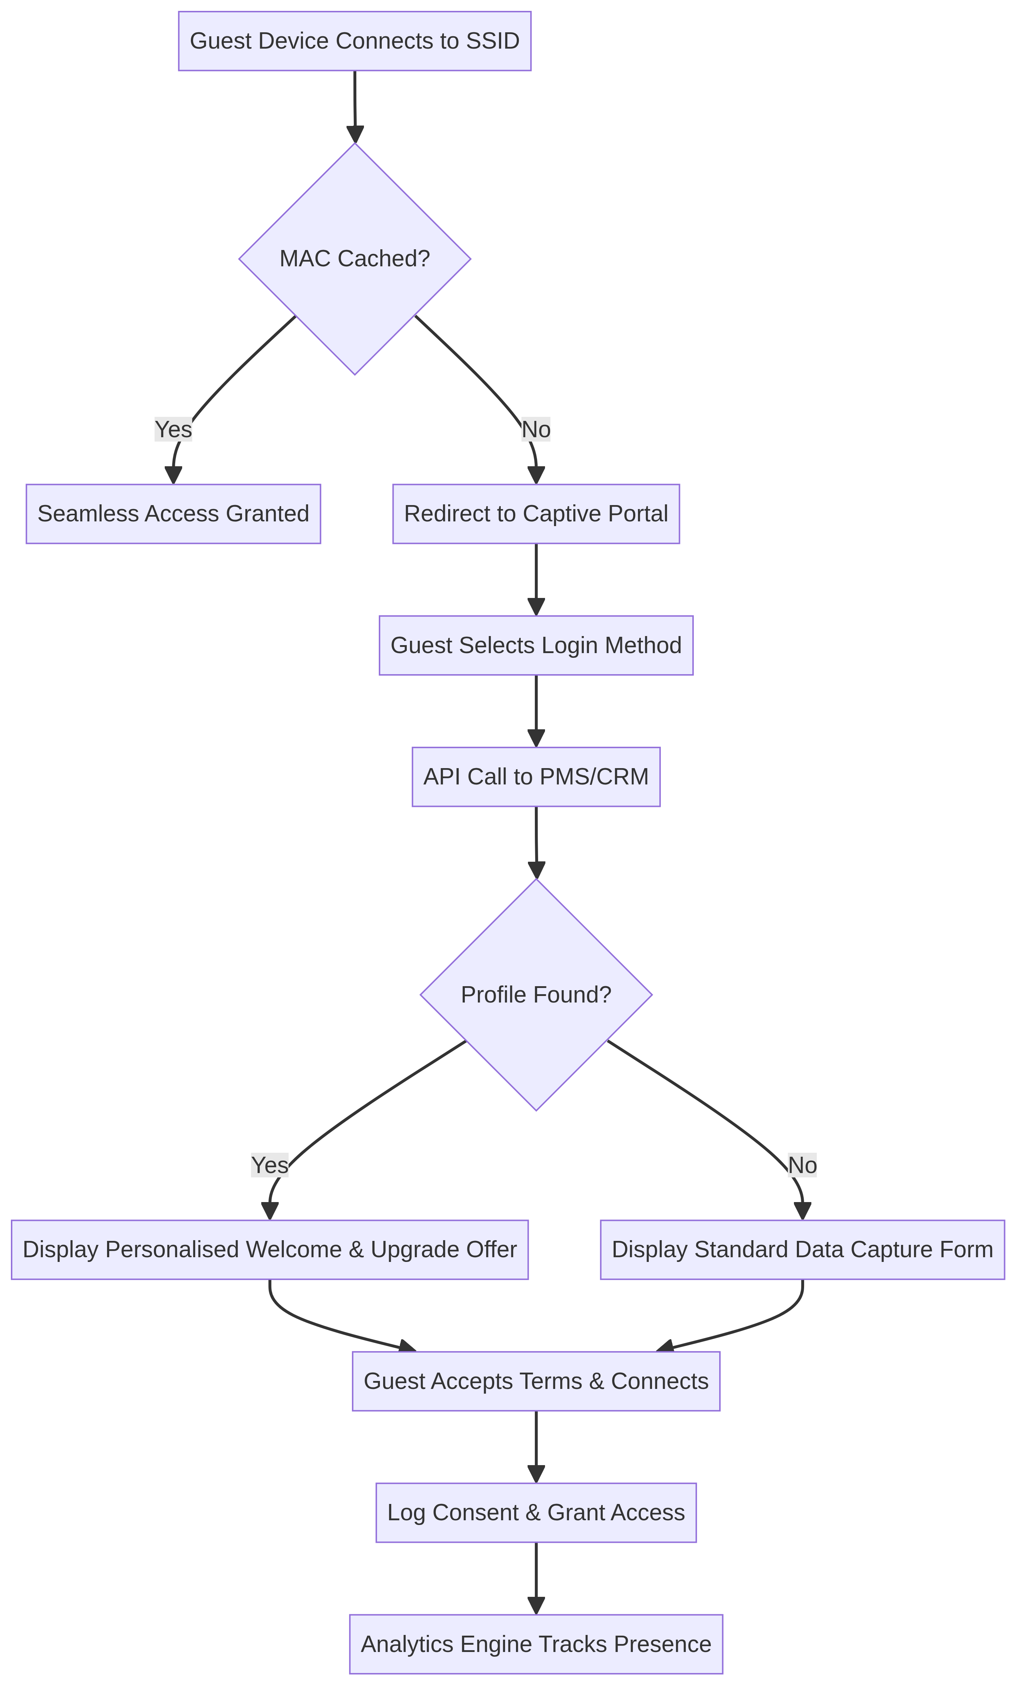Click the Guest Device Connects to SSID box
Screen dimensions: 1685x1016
(x=354, y=41)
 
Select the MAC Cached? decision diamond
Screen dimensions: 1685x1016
(x=354, y=258)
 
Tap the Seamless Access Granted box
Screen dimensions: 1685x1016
(x=173, y=513)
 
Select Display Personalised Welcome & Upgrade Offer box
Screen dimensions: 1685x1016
(x=269, y=1249)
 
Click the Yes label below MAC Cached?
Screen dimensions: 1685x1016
(x=173, y=430)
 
